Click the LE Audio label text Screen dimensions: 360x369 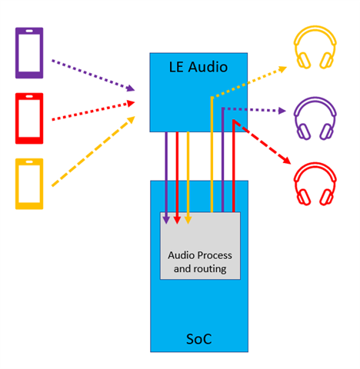pos(198,67)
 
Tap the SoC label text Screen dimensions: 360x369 pos(199,339)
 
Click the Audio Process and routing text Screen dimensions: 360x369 pos(200,262)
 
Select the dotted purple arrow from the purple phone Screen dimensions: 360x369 pos(93,75)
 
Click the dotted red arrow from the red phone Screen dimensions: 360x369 pos(93,111)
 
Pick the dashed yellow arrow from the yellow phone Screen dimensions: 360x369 pos(93,151)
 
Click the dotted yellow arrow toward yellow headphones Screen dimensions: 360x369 pos(248,82)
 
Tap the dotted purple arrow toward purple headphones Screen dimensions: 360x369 pos(255,110)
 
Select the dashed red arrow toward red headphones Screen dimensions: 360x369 pos(262,141)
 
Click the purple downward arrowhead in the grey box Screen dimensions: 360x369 pos(166,220)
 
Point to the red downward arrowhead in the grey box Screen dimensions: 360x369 pos(177,220)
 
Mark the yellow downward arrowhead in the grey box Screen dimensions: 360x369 pos(188,220)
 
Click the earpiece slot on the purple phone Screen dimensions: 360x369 pos(29,31)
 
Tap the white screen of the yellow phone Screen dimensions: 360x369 pos(29,184)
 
